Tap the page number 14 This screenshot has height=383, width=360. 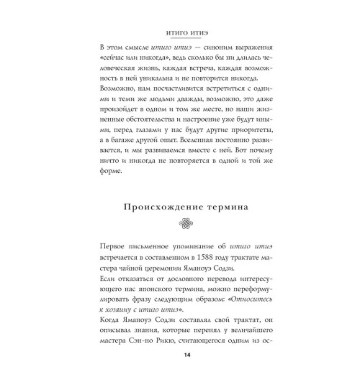coord(180,355)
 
